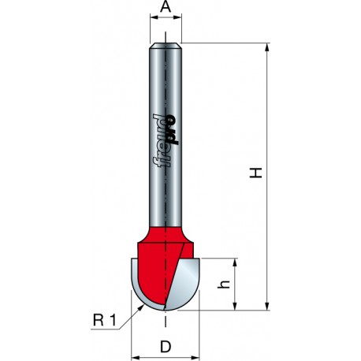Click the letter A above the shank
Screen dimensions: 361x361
coord(166,8)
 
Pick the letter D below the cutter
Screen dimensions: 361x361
coord(166,345)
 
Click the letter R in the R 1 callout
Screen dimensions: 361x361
coord(97,319)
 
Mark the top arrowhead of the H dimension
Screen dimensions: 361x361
coord(269,45)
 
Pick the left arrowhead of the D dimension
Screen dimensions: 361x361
coord(136,330)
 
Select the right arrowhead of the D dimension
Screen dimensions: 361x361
coord(195,330)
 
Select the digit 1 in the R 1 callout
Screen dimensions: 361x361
coord(115,319)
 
